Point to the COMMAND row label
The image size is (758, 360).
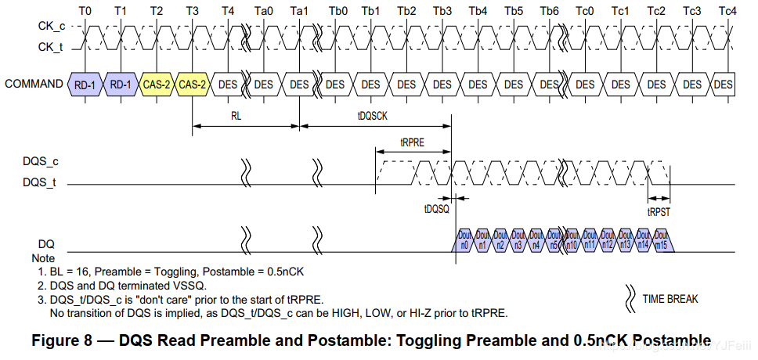click(x=34, y=84)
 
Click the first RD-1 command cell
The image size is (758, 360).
click(x=85, y=85)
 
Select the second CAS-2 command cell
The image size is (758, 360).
click(x=192, y=85)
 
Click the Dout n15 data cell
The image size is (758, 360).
click(x=662, y=240)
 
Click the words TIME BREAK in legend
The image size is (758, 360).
click(x=670, y=298)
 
